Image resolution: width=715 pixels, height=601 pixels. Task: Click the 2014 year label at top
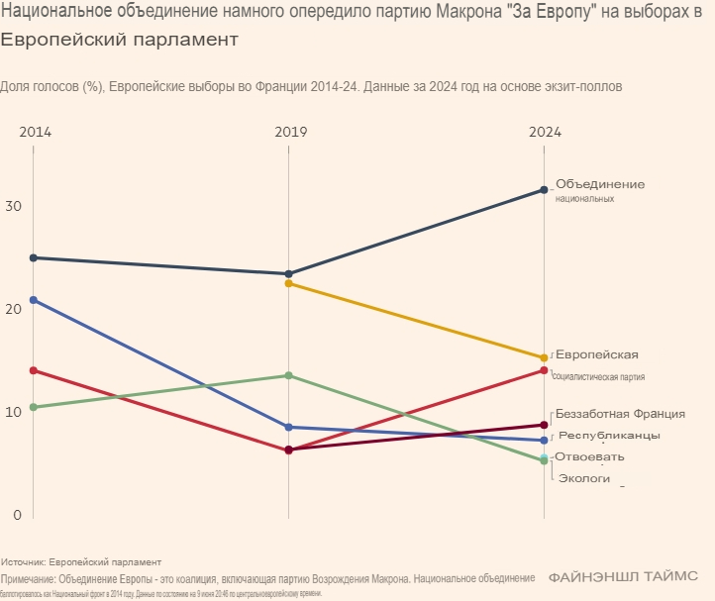[x=35, y=132]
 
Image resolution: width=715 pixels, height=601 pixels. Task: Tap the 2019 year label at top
[x=288, y=132]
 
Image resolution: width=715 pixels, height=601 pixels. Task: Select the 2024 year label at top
[x=545, y=132]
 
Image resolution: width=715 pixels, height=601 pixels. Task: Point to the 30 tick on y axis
[x=12, y=206]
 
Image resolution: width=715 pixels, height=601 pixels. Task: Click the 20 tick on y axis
[x=12, y=309]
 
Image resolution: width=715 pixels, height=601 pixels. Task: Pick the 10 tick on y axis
[x=12, y=412]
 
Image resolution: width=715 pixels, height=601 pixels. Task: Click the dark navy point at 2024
[x=544, y=190]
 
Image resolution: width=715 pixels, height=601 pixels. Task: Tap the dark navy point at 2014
[x=34, y=257]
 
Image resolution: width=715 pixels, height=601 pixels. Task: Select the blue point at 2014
[x=34, y=299]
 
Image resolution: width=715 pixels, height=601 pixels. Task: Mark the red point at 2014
[x=34, y=370]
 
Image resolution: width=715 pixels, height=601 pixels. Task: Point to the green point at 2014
[x=34, y=407]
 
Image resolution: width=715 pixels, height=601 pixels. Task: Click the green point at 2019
[x=288, y=375]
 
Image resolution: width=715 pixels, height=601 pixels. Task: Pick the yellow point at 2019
[x=288, y=284]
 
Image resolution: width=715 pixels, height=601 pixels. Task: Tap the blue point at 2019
[x=288, y=427]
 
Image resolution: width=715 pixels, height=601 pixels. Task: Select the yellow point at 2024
[x=544, y=358]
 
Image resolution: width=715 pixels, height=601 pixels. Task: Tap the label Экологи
[x=584, y=479]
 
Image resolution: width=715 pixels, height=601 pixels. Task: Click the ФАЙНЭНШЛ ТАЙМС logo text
[x=623, y=575]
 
